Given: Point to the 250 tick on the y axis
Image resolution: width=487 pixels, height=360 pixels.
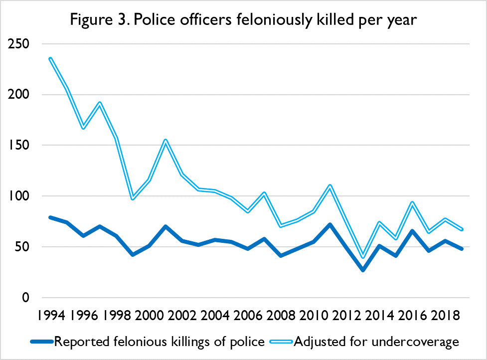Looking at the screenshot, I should tap(19, 44).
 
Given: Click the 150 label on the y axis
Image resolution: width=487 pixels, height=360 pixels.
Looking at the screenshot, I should tap(19, 146).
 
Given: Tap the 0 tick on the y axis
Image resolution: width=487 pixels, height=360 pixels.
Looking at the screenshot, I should tap(25, 298).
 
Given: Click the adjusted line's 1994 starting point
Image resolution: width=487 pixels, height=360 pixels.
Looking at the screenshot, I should tap(50, 58).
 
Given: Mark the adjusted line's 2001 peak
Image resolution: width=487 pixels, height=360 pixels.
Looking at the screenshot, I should tap(165, 140).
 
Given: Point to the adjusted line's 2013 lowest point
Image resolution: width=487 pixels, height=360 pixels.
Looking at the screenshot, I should tap(363, 256).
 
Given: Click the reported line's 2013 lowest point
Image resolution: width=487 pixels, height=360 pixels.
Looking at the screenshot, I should tap(363, 270).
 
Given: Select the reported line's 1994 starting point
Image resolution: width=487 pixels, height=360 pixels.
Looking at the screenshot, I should tap(50, 217).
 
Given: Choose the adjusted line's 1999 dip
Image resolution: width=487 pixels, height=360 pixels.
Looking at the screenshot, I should tap(133, 197).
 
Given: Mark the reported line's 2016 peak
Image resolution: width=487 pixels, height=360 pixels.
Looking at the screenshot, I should tap(412, 231).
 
